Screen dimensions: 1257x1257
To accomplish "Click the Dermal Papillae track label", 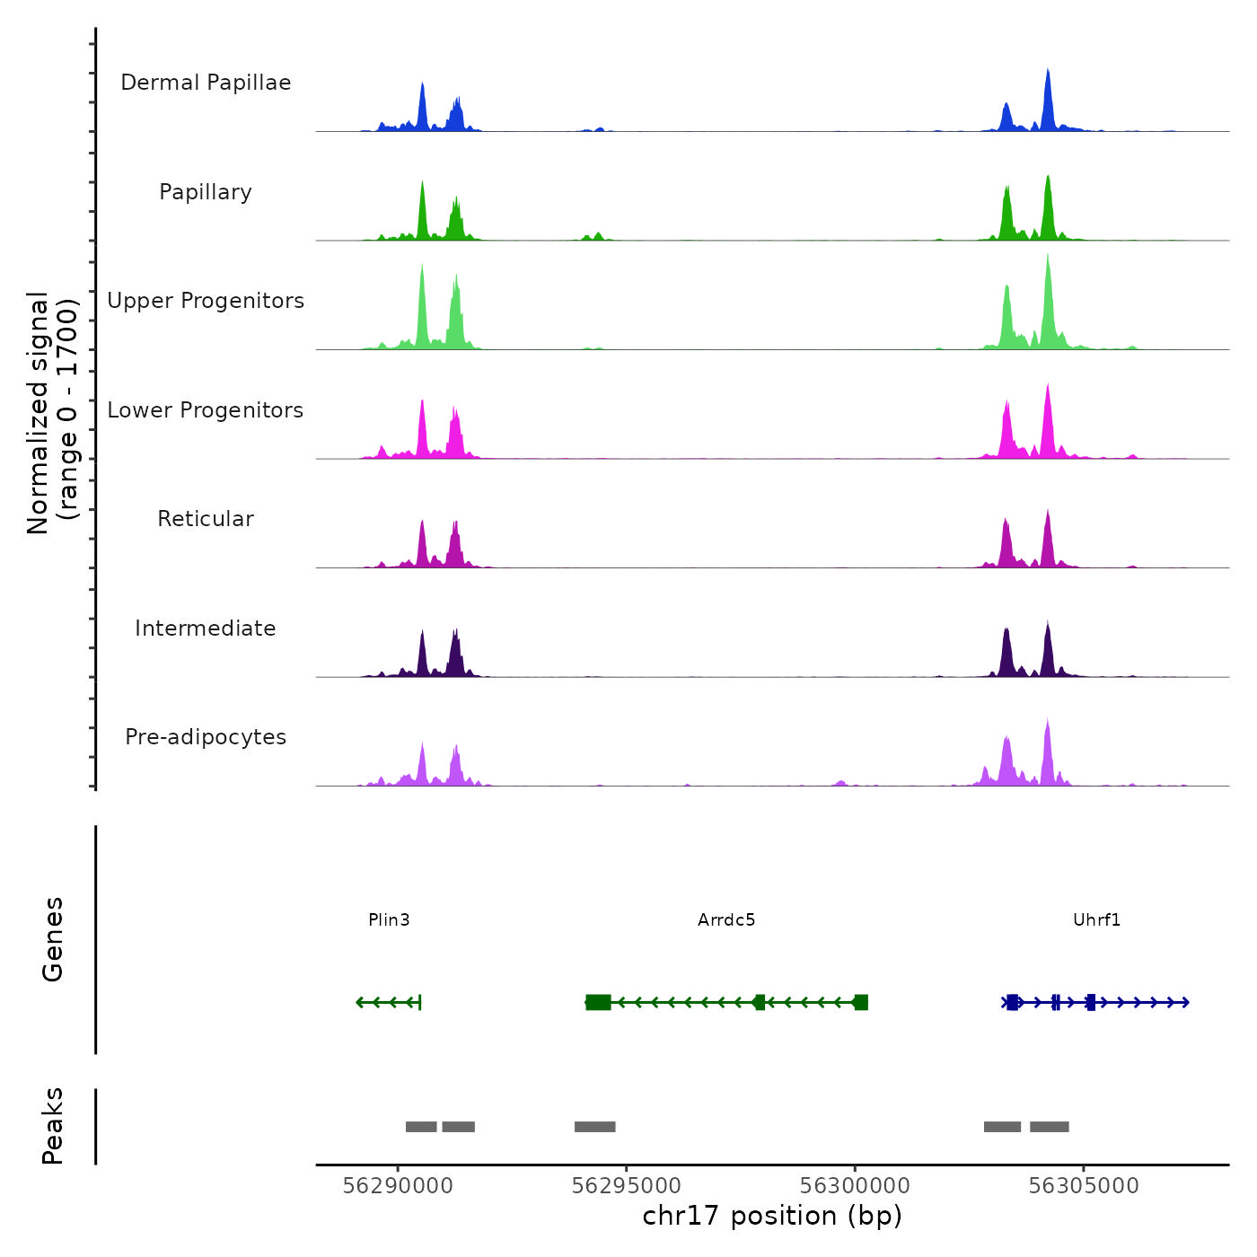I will point(206,83).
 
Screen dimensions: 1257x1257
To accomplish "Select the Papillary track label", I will point(206,192).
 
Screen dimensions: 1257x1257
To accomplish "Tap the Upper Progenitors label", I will point(206,301).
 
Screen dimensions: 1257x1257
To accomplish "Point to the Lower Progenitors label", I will point(206,410).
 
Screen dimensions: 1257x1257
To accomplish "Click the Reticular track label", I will point(206,519).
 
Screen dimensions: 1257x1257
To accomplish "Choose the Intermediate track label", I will point(206,628).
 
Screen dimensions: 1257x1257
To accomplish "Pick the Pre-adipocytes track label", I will point(206,737).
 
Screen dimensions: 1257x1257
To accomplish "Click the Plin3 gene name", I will point(389,919).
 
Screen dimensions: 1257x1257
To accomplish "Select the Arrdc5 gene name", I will point(726,919).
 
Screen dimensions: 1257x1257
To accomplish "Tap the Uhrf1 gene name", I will point(1096,919).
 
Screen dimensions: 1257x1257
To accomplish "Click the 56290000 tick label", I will point(398,1186).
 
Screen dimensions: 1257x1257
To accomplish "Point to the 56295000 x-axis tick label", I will point(627,1186).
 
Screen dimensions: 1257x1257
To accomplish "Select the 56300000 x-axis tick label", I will point(855,1186).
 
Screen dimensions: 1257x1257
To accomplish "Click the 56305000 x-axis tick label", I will point(1084,1186).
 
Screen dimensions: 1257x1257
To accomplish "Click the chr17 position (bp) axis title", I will point(772,1216).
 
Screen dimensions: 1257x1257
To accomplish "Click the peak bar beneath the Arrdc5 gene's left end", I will point(594,1127).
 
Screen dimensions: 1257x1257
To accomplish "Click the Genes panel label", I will point(52,939).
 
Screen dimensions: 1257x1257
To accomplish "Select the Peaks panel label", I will point(52,1126).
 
